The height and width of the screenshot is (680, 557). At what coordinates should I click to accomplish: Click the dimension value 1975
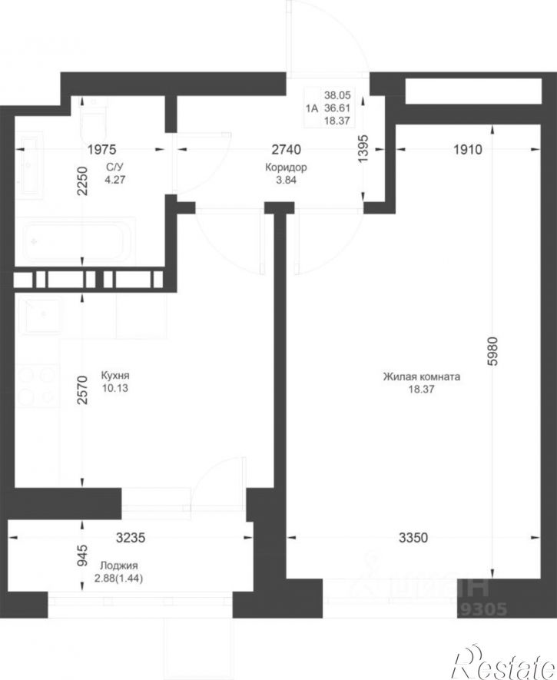click(102, 150)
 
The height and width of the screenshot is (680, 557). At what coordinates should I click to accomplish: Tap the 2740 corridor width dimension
click(286, 150)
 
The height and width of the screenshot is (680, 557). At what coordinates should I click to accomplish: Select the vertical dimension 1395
click(363, 149)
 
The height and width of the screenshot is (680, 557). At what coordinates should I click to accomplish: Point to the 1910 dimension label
click(468, 150)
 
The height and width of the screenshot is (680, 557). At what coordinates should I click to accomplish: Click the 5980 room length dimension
click(492, 352)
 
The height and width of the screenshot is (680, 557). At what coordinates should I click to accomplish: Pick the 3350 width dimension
click(413, 538)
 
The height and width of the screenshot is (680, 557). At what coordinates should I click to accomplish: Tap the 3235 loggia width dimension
click(131, 538)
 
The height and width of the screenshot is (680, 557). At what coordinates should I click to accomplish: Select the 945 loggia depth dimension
click(82, 556)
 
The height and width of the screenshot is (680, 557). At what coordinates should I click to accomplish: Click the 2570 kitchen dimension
click(82, 390)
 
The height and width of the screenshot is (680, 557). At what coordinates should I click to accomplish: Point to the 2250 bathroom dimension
click(82, 181)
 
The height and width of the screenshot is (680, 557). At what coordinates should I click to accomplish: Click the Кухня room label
click(115, 376)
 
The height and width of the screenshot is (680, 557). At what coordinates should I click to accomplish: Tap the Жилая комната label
click(421, 376)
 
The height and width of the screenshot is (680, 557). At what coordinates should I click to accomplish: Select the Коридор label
click(286, 168)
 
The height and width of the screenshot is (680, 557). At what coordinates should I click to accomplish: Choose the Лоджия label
click(119, 566)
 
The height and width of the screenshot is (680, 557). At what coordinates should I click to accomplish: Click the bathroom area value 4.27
click(115, 180)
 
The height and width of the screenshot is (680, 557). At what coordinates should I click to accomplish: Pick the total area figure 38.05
click(337, 95)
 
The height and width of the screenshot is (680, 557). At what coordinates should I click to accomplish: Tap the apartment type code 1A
click(312, 108)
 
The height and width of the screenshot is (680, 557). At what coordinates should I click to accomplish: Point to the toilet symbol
click(93, 115)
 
